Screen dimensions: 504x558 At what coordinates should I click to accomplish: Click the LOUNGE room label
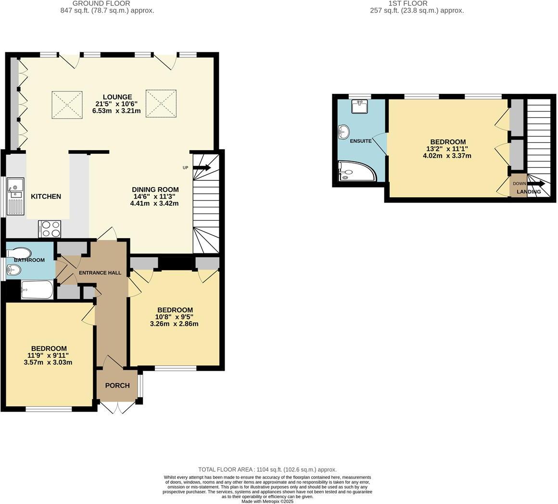(x=116, y=97)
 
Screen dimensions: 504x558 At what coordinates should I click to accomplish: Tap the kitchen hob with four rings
(x=50, y=228)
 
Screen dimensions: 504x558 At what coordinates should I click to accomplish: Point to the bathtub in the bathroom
(x=37, y=290)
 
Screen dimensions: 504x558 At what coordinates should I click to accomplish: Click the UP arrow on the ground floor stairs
(x=202, y=168)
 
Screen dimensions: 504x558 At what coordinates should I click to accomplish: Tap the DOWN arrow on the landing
(x=535, y=184)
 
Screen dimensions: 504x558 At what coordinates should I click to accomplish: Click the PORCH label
(x=117, y=385)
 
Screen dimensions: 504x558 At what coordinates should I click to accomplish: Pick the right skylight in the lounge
(x=161, y=103)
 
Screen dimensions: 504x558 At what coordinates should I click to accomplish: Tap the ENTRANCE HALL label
(x=100, y=273)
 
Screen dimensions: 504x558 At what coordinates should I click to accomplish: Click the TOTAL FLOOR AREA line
(x=267, y=469)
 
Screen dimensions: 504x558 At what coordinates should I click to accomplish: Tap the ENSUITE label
(x=361, y=141)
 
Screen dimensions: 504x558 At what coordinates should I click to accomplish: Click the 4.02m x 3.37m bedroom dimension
(x=447, y=156)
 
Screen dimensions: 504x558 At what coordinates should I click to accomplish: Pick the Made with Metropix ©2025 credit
(x=267, y=501)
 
